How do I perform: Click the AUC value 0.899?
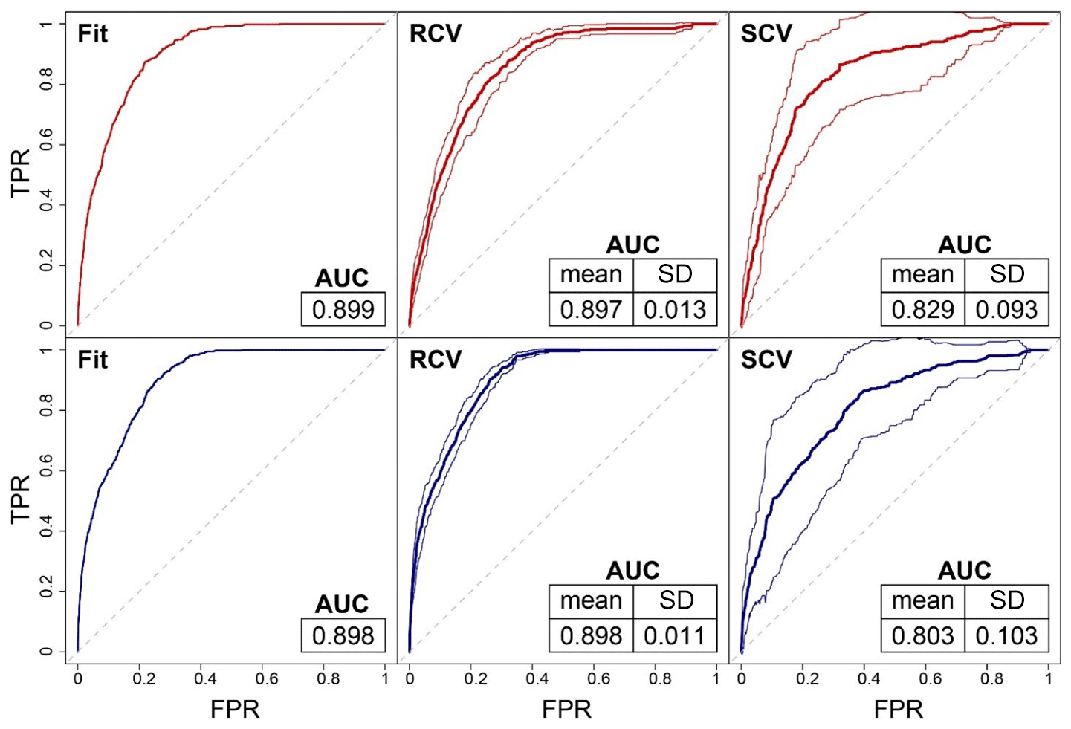(343, 309)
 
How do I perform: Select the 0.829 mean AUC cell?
(922, 309)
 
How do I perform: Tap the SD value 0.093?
(1006, 309)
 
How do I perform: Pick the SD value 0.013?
(675, 309)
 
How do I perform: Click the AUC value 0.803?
(922, 635)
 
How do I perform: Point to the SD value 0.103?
(1006, 635)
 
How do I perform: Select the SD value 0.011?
(675, 635)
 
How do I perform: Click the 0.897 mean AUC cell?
(591, 309)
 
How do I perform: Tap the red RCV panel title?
(436, 33)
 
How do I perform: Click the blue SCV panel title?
(767, 360)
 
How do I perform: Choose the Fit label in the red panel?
(93, 33)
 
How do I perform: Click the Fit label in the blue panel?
(93, 360)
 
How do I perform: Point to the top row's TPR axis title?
(21, 172)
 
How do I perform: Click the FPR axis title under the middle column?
(567, 709)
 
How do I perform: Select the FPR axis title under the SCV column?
(899, 709)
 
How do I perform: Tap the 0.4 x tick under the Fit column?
(205, 678)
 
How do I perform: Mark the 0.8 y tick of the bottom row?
(46, 410)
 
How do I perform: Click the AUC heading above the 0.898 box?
(342, 603)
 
